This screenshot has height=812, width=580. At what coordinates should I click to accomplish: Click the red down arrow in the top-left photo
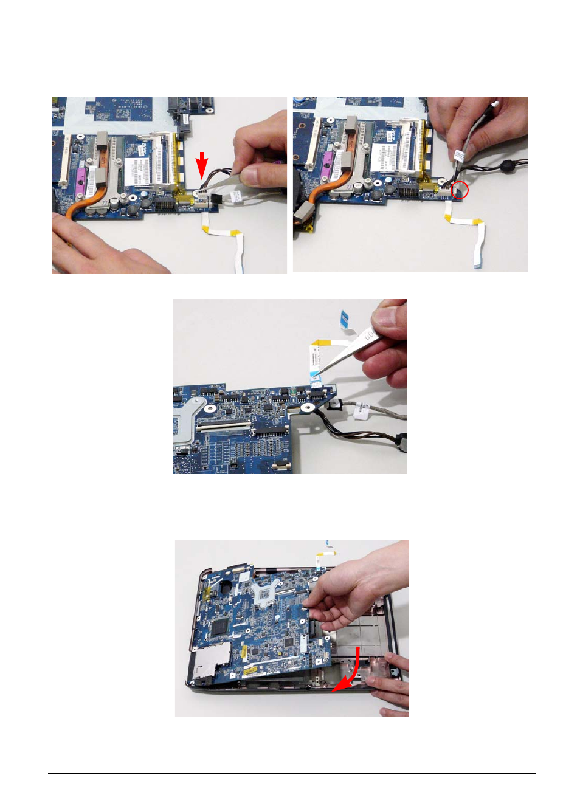[202, 165]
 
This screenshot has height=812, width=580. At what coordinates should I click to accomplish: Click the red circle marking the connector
[460, 190]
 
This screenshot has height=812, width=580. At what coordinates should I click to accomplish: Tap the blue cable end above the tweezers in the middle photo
[344, 316]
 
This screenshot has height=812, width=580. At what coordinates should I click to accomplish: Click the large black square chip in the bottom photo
[218, 627]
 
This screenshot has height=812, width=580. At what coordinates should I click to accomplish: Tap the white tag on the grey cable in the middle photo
[362, 410]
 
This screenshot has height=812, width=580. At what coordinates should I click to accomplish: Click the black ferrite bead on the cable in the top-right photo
[504, 165]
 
